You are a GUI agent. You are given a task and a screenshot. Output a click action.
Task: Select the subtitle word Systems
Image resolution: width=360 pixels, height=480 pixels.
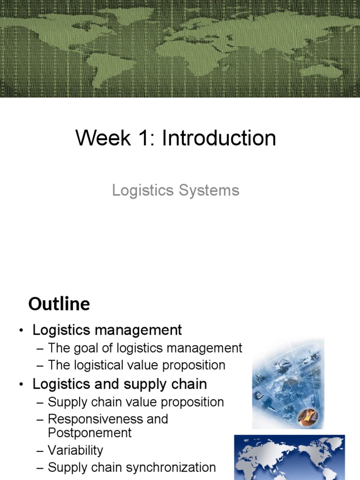[212, 190]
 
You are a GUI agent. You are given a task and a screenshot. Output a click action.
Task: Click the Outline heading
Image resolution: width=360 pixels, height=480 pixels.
[59, 304]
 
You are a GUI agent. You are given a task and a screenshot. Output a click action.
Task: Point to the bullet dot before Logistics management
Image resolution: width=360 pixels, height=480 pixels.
[21, 331]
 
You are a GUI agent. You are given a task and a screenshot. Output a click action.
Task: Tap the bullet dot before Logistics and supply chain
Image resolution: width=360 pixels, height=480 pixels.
[21, 385]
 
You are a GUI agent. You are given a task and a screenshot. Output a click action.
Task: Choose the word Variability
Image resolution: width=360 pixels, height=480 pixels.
[75, 450]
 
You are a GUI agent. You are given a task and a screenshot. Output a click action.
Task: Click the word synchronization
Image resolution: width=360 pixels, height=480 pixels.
[176, 467]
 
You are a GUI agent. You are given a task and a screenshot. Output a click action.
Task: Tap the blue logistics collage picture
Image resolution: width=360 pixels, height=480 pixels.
[288, 383]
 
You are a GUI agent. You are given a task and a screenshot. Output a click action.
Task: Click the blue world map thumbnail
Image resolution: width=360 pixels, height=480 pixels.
[289, 457]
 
